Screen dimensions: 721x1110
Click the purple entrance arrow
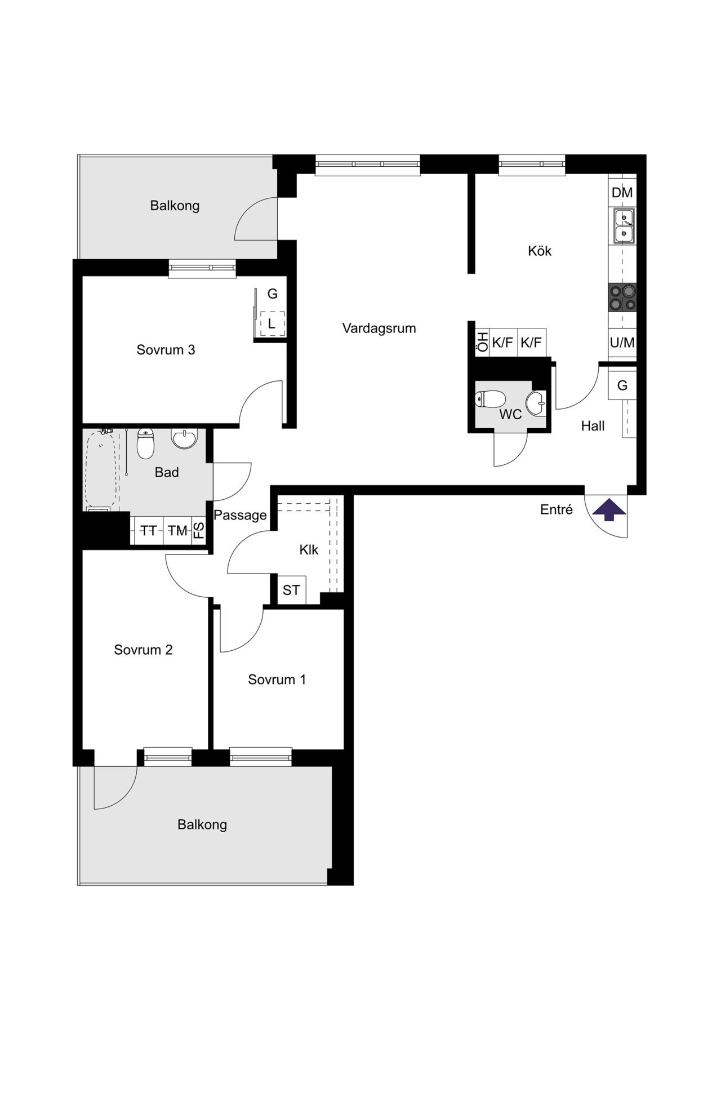pyautogui.click(x=609, y=510)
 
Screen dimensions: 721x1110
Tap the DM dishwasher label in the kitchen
pyautogui.click(x=622, y=193)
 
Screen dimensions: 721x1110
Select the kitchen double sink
pyautogui.click(x=624, y=225)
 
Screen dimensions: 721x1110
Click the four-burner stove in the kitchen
pyautogui.click(x=622, y=298)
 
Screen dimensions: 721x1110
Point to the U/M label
pyautogui.click(x=622, y=343)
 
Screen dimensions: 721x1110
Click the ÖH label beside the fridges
pyautogui.click(x=483, y=343)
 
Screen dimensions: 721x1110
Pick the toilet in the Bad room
pyautogui.click(x=146, y=444)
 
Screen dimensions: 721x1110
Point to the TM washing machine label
pyautogui.click(x=177, y=531)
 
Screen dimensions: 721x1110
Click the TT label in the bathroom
pyautogui.click(x=149, y=531)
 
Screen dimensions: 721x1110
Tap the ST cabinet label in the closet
pyautogui.click(x=291, y=590)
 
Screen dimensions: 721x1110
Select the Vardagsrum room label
pyautogui.click(x=379, y=328)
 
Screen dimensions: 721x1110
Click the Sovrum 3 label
pyautogui.click(x=166, y=350)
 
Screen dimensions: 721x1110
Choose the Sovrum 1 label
pyautogui.click(x=277, y=680)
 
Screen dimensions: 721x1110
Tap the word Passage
pyautogui.click(x=240, y=515)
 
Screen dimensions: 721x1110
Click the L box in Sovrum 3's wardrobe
pyautogui.click(x=272, y=324)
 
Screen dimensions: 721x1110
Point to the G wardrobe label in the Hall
pyautogui.click(x=622, y=385)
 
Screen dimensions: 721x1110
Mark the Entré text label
pyautogui.click(x=557, y=509)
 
